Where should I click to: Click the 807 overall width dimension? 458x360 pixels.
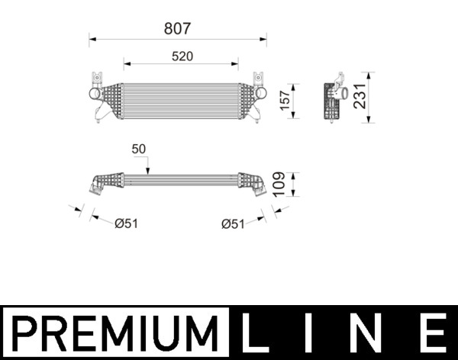pyautogui.click(x=177, y=28)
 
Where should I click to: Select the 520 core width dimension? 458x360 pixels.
pyautogui.click(x=181, y=56)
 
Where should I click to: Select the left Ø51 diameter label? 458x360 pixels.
pyautogui.click(x=126, y=223)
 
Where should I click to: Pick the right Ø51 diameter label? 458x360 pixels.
pyautogui.click(x=233, y=223)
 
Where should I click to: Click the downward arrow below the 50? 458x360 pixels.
pyautogui.click(x=148, y=168)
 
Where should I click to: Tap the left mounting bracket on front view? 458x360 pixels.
pyautogui.click(x=97, y=79)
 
